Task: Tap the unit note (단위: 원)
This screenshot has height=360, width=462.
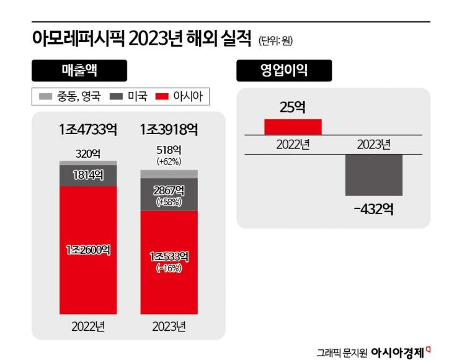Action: [x=275, y=42]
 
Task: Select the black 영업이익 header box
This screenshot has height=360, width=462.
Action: [x=283, y=70]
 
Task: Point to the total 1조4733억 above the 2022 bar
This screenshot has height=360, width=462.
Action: [x=87, y=130]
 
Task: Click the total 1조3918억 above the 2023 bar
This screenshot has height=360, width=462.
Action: [x=169, y=130]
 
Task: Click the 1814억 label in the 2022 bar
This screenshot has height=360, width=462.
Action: [x=87, y=174]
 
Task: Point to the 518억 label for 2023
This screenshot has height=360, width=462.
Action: [x=169, y=150]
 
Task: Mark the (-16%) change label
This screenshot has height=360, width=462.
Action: [x=169, y=268]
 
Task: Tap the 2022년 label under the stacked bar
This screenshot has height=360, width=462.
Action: [x=87, y=326]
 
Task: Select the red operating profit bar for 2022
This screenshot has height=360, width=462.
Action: [x=293, y=126]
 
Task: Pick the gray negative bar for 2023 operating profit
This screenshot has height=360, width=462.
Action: [x=374, y=175]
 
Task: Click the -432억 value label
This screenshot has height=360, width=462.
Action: [x=373, y=209]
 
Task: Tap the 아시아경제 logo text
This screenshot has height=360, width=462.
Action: [x=397, y=352]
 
